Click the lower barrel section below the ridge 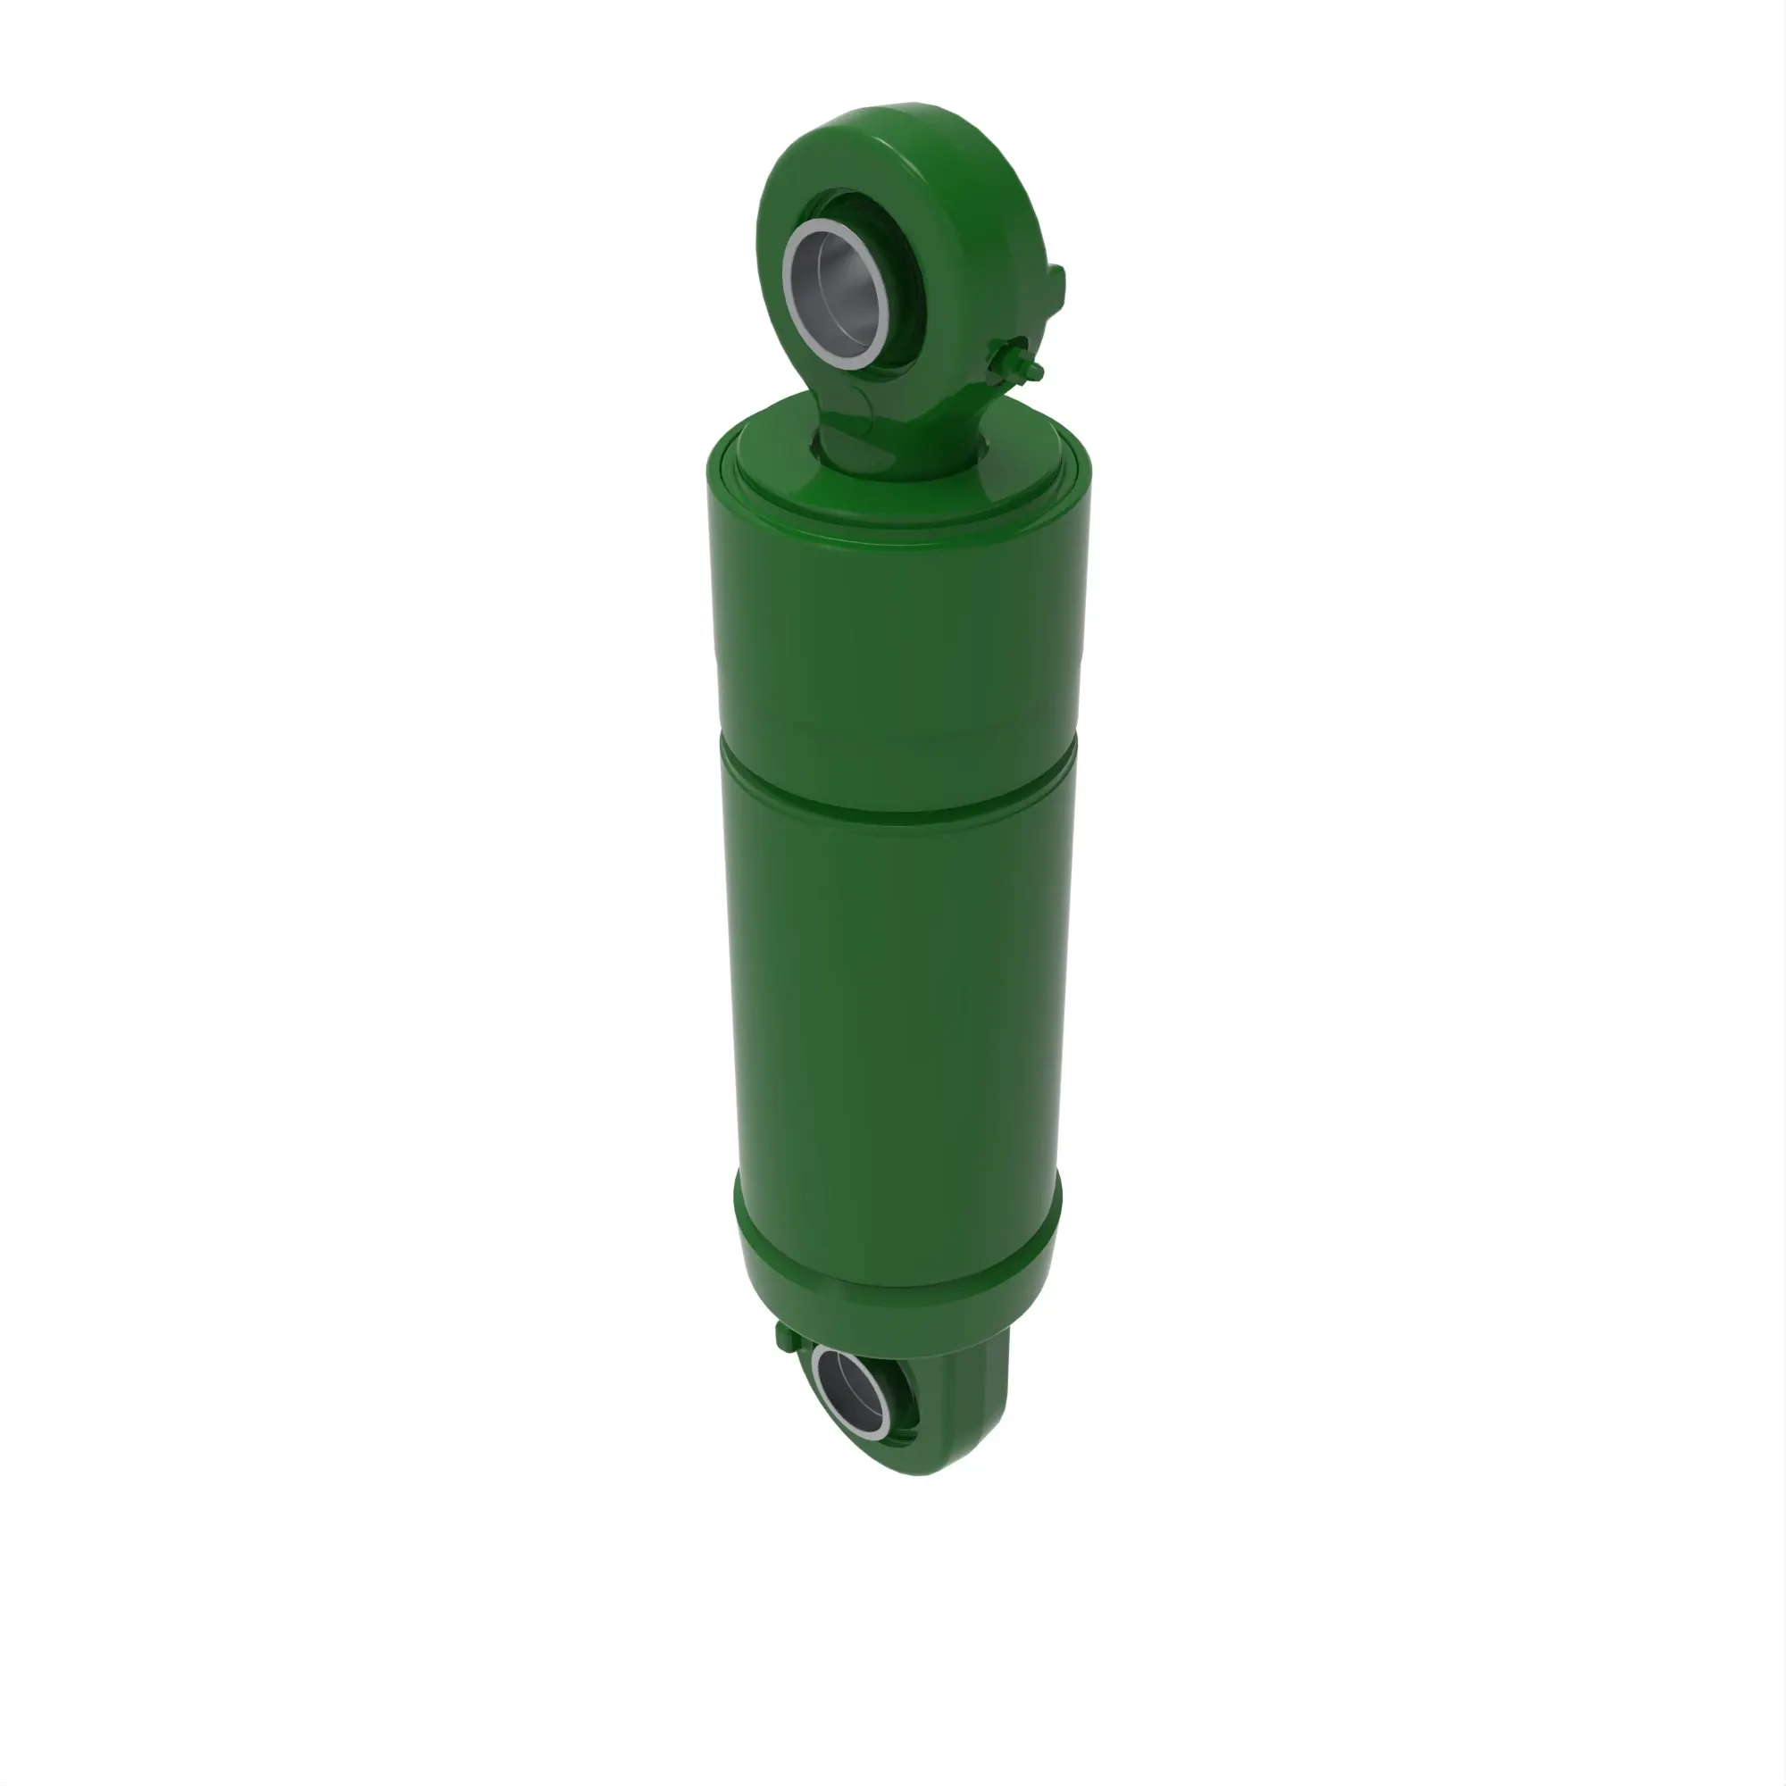click(897, 1017)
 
